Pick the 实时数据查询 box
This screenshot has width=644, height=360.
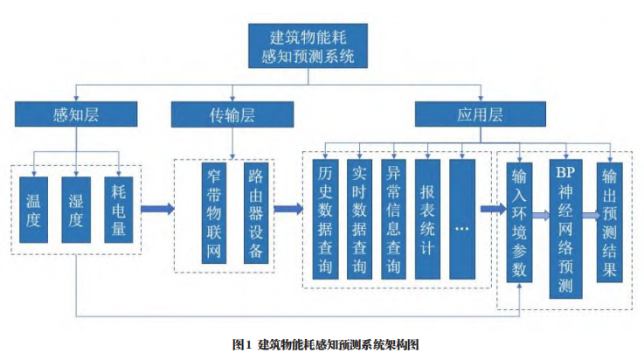point(358,218)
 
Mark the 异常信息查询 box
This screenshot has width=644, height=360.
point(393,218)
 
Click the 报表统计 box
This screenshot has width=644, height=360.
point(428,218)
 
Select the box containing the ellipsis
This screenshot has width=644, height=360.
point(462,218)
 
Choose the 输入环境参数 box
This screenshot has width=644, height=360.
point(521,222)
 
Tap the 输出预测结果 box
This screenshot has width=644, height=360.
point(608,222)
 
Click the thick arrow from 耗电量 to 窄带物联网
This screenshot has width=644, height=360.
point(156,210)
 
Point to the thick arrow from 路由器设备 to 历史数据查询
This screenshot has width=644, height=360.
point(287,210)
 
